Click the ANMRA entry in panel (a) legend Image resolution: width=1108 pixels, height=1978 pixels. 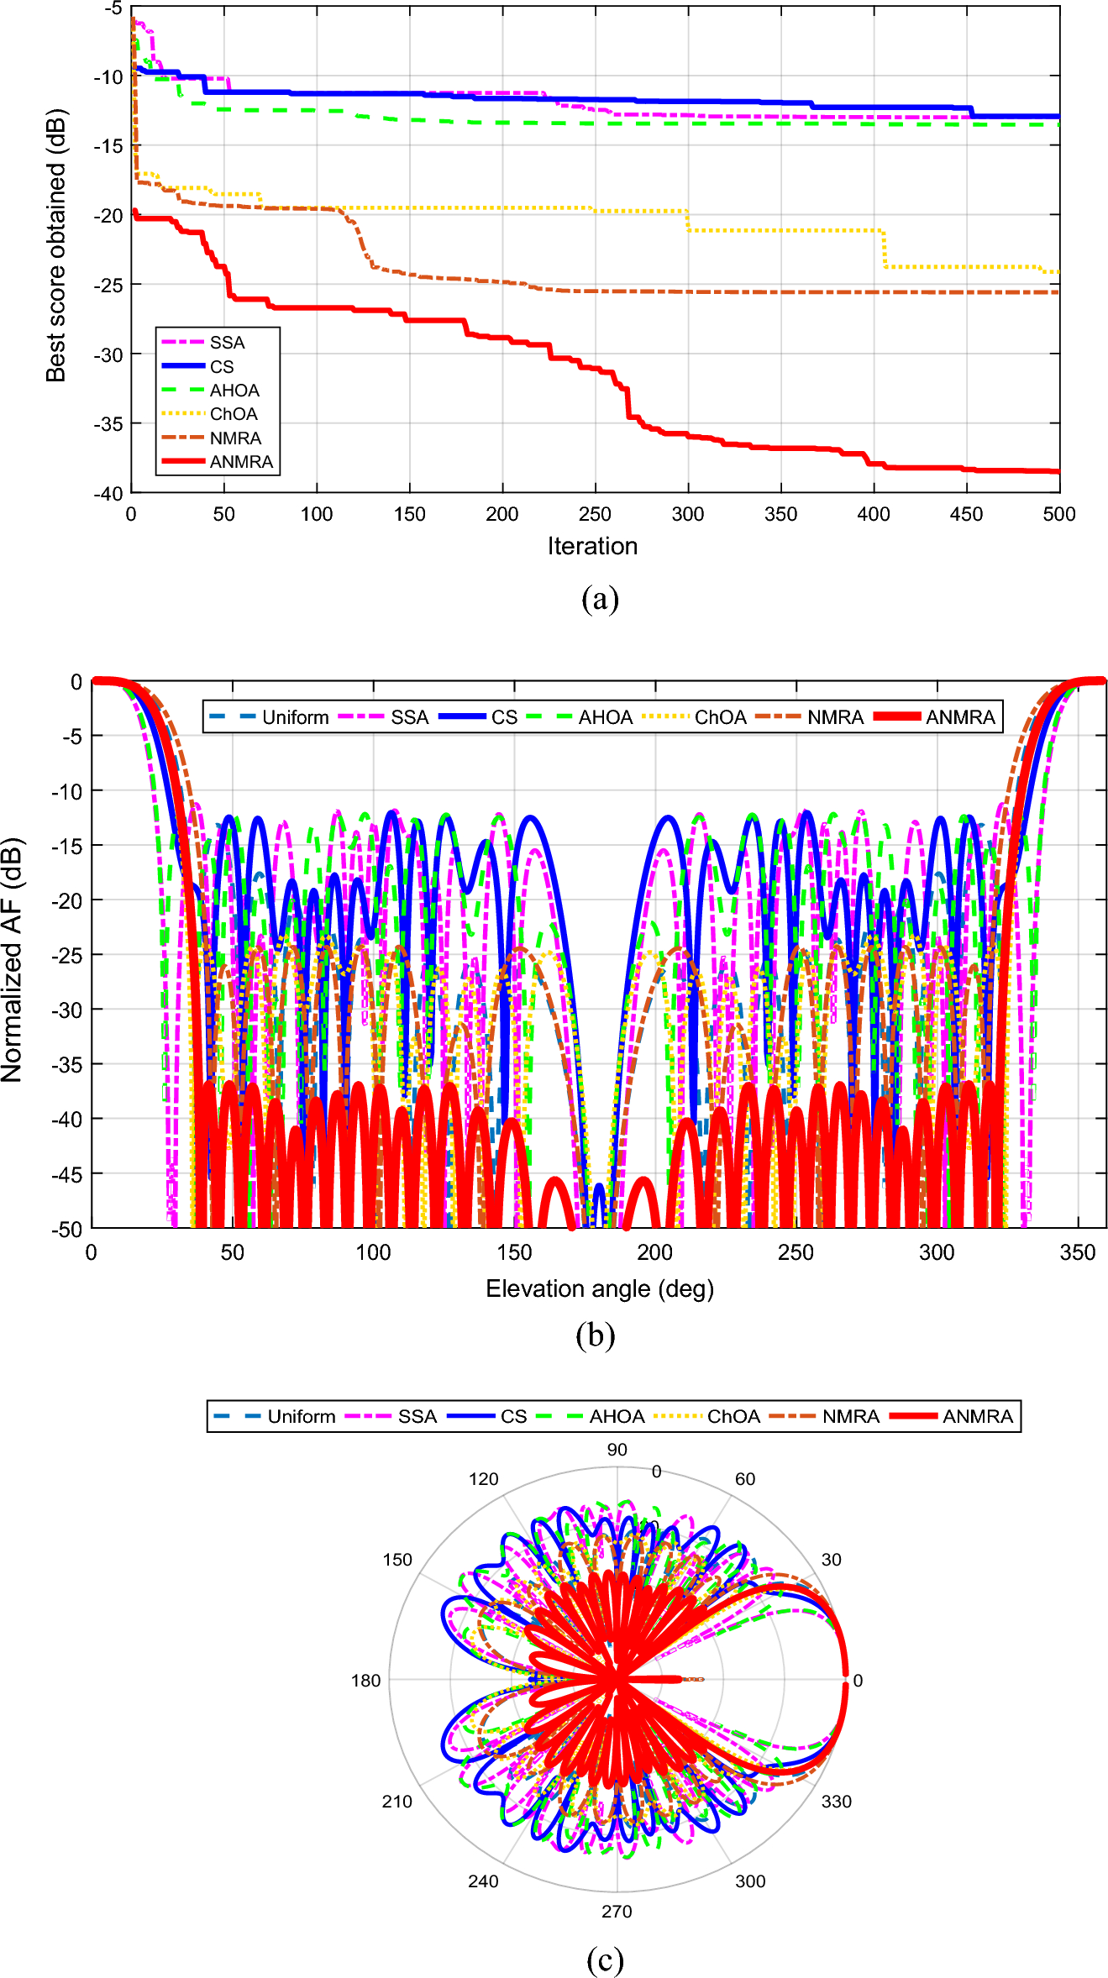coord(241,462)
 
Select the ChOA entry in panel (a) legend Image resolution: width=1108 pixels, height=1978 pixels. coord(234,414)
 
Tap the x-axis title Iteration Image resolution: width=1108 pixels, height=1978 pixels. coord(592,546)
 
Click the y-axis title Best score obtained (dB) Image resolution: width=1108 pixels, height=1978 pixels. coord(55,245)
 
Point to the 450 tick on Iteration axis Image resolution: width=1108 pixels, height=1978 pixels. coord(966,514)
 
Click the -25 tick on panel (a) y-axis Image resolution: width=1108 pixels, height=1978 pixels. coord(108,286)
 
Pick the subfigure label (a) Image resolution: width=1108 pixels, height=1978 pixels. coord(599,599)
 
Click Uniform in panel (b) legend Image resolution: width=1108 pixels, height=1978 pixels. coord(295,717)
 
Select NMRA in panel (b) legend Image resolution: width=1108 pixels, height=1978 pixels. coord(835,717)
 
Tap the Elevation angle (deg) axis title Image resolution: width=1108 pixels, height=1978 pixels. coord(599,1288)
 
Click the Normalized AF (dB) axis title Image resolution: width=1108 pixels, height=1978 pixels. coord(12,959)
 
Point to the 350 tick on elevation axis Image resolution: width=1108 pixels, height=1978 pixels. coord(1077,1252)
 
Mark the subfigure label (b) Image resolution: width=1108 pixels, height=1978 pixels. coord(595,1335)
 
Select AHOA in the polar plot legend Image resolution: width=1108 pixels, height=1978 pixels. coord(617,1416)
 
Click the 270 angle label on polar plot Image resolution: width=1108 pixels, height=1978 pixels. coord(617,1911)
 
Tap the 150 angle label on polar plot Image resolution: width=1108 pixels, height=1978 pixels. coord(397,1560)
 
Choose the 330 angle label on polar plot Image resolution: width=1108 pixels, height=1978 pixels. coord(836,1801)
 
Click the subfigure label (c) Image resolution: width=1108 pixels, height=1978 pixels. coord(605,1960)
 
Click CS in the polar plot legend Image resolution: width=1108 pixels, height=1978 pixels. coord(513,1416)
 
